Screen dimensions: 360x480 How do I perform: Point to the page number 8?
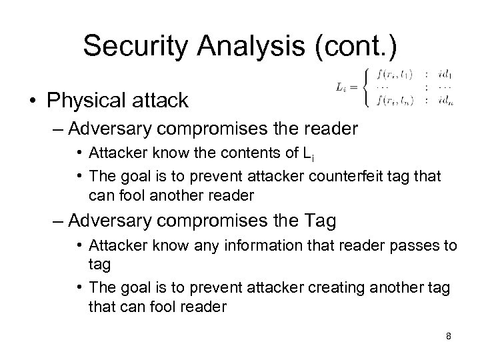click(x=449, y=336)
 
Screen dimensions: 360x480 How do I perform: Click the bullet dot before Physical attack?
click(x=32, y=101)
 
